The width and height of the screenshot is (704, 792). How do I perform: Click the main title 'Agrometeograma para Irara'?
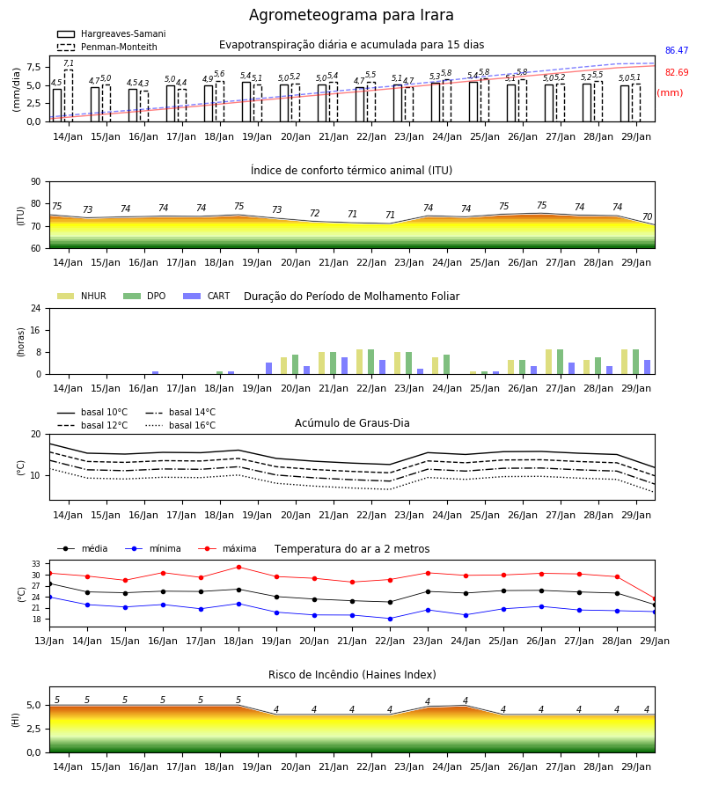click(x=351, y=15)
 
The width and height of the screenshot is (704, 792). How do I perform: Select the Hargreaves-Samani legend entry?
click(x=112, y=33)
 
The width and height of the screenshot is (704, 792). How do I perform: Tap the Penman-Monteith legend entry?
click(x=107, y=47)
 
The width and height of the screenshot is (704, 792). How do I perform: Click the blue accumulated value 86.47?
click(x=677, y=50)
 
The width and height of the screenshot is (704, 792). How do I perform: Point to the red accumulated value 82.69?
click(x=677, y=72)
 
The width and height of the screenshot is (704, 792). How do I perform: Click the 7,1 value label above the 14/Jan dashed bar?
click(x=69, y=63)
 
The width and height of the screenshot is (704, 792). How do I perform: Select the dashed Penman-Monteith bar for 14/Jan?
click(x=68, y=95)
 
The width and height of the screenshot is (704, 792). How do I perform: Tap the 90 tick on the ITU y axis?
click(x=36, y=182)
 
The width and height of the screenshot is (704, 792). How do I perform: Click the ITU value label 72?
click(x=315, y=213)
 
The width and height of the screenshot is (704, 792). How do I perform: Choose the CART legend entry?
click(x=207, y=296)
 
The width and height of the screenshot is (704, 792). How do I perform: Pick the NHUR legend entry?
click(x=82, y=296)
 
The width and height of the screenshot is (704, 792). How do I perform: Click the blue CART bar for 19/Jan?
click(x=269, y=368)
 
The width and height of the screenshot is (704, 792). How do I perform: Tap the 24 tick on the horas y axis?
click(x=36, y=308)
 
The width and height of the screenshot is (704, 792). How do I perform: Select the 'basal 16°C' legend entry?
click(x=180, y=425)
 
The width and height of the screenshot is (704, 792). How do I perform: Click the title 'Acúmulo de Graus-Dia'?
click(x=352, y=422)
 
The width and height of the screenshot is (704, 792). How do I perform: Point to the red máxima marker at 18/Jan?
click(x=238, y=567)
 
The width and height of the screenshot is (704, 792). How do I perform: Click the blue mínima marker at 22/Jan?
click(x=391, y=619)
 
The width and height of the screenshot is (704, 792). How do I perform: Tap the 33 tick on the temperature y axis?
click(x=36, y=564)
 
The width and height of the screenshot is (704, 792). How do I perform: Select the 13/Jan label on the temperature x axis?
click(x=49, y=641)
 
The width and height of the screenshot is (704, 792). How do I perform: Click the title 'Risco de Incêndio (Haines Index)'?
click(x=352, y=674)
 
